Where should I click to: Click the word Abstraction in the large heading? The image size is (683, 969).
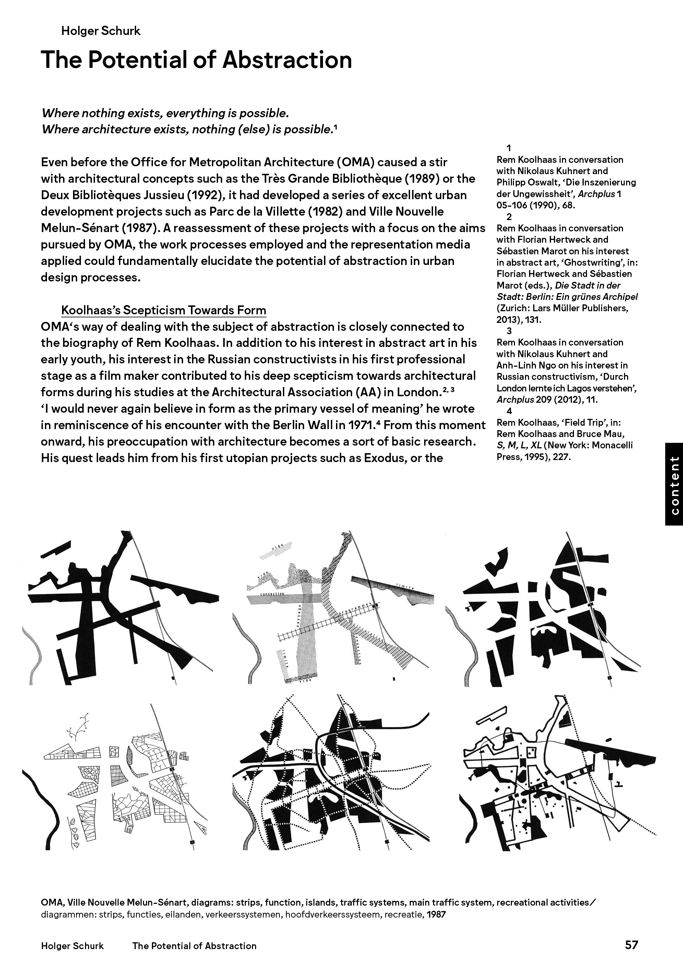coord(287,60)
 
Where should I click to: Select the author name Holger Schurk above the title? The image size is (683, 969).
coord(100,31)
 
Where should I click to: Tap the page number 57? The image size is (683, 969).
coord(632,945)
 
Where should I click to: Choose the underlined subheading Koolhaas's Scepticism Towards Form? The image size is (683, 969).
coord(164,311)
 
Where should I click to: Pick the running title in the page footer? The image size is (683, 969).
coord(194,946)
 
